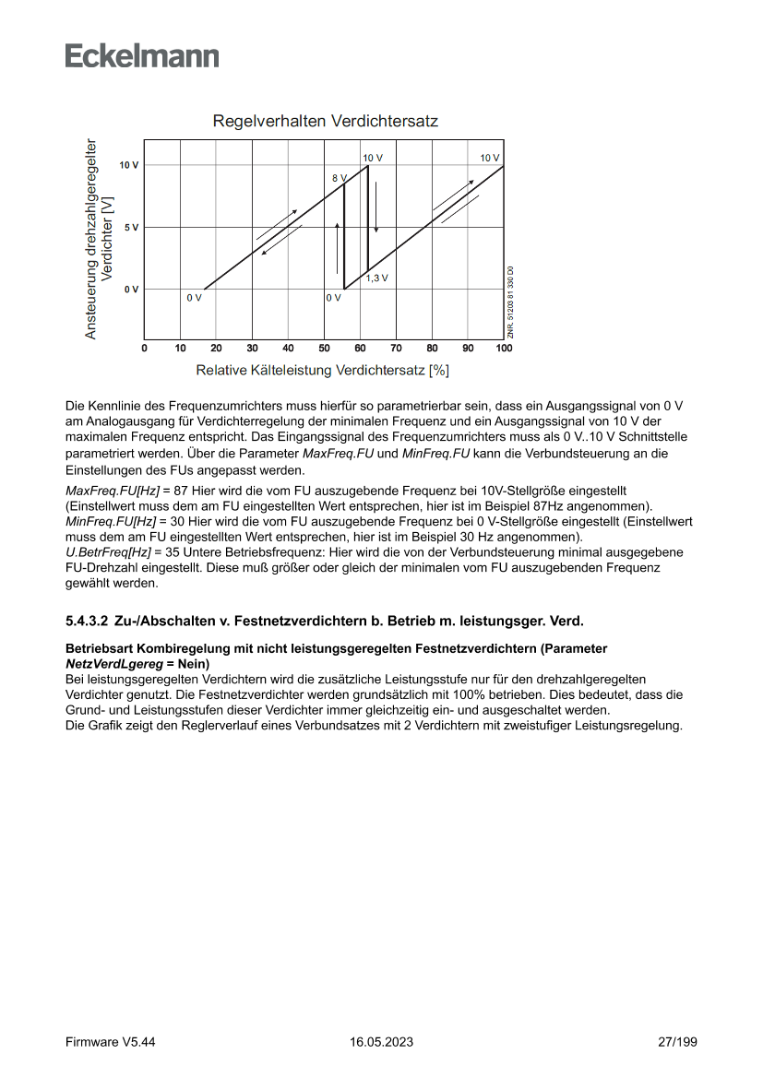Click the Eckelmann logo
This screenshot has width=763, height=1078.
142,56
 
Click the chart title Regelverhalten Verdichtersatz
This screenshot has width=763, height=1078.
325,121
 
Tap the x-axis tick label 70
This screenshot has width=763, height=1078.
396,348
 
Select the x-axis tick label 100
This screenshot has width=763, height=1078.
504,348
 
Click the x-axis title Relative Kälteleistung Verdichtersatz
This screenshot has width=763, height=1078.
322,371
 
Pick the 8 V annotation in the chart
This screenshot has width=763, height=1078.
339,176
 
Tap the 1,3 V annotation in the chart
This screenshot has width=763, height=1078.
377,278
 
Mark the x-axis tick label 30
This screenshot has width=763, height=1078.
252,348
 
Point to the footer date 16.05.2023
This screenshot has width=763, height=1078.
381,1042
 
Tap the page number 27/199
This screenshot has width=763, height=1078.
677,1042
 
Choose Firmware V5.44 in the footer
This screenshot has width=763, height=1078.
110,1042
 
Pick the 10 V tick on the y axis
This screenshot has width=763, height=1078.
129,164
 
